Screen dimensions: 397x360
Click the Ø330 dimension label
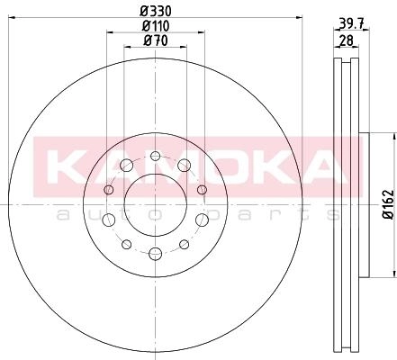(x=156, y=11)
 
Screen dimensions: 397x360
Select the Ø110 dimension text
(x=156, y=26)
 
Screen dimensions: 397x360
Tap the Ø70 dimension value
(x=156, y=40)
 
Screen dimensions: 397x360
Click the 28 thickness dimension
(x=346, y=40)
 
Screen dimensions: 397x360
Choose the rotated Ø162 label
(x=389, y=204)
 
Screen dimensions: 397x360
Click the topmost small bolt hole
(x=155, y=156)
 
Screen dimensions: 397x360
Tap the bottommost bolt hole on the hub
(x=155, y=254)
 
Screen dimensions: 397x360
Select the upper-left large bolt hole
(x=126, y=166)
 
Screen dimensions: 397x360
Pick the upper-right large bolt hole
(x=184, y=166)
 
